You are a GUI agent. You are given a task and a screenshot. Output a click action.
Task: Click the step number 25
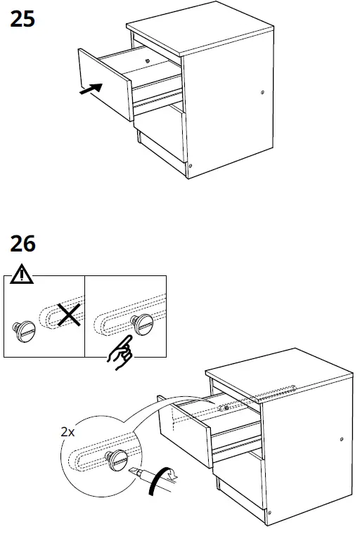click(x=22, y=19)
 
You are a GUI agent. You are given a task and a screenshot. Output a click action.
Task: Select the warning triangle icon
click(x=22, y=275)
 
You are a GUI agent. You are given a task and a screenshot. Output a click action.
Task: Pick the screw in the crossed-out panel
click(x=24, y=329)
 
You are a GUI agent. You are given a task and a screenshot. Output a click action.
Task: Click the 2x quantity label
click(x=67, y=433)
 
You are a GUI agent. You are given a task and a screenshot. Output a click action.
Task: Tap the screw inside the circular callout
click(x=115, y=459)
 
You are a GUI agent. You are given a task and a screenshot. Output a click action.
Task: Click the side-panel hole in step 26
click(x=342, y=441)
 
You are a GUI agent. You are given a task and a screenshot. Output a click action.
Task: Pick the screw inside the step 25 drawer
click(x=146, y=61)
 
